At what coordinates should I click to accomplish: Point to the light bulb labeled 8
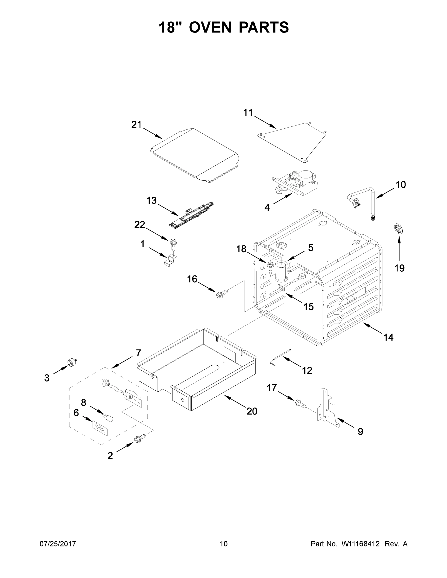pos(109,418)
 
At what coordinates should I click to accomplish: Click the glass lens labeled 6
pos(100,428)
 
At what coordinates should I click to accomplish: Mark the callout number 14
pos(388,337)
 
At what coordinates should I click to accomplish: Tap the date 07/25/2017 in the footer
pos(58,544)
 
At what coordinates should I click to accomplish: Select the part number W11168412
pos(360,544)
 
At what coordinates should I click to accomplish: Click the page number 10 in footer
pos(224,544)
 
